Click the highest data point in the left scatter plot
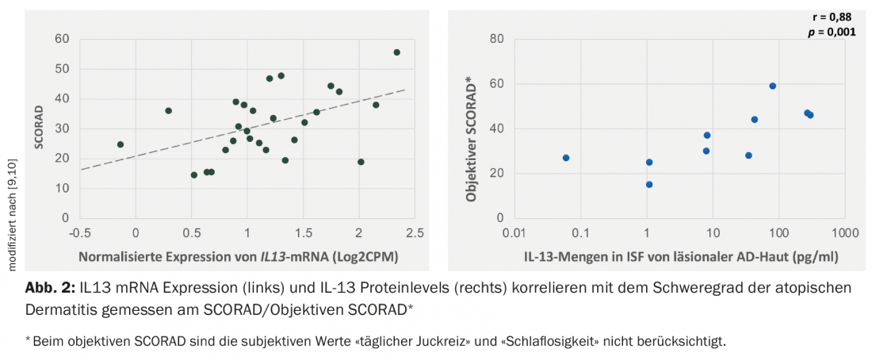point(396,52)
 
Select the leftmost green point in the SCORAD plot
point(120,144)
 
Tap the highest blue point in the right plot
point(772,86)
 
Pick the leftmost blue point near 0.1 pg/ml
point(566,158)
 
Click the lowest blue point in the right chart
point(649,185)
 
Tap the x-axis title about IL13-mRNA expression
point(237,256)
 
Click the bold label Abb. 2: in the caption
point(50,288)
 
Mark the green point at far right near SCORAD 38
point(376,105)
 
